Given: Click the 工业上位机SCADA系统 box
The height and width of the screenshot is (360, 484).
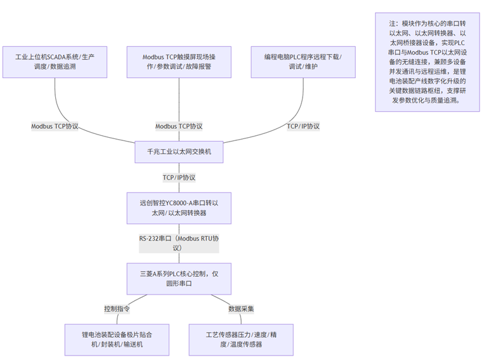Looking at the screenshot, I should (55, 62).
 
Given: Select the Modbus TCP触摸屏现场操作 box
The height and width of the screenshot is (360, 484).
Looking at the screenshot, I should (179, 62).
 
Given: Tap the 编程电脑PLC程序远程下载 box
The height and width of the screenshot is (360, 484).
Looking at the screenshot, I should (303, 62).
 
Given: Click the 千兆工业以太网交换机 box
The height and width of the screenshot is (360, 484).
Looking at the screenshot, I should (179, 152).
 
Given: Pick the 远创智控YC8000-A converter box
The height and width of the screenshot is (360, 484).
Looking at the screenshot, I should (179, 208).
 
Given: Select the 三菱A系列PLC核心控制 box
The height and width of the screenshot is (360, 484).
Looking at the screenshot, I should (179, 278).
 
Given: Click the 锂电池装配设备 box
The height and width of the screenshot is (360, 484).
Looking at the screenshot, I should (117, 339).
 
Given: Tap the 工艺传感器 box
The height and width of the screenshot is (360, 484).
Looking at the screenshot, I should (241, 339).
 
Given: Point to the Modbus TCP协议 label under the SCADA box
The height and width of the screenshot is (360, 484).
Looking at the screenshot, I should (55, 126).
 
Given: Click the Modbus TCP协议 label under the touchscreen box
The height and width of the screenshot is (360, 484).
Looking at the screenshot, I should (179, 126).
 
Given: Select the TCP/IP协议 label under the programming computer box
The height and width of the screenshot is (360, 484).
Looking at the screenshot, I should (303, 126).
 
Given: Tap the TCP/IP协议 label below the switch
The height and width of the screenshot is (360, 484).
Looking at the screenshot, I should (179, 177).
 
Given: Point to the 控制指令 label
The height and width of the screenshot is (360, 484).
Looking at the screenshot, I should (117, 309).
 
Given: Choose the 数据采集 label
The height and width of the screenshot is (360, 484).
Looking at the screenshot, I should (241, 309).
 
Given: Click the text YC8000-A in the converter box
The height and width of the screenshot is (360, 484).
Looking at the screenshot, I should (181, 203).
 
